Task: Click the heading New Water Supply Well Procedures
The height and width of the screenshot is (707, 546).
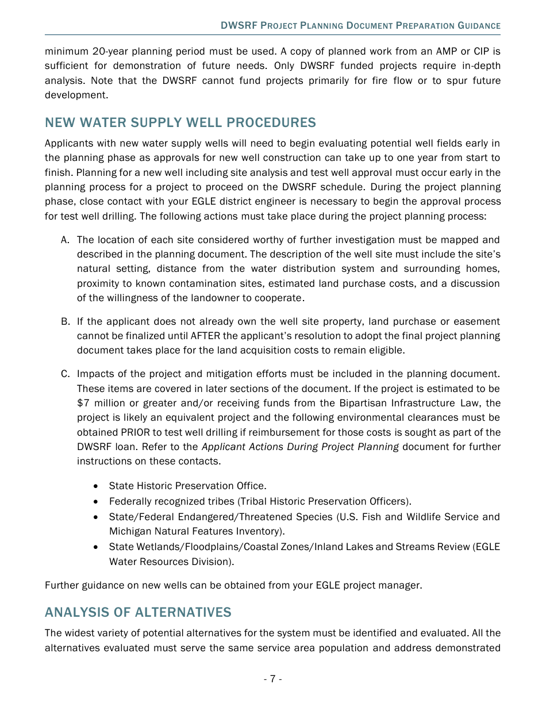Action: (x=180, y=122)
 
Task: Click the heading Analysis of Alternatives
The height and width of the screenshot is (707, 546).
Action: (x=138, y=612)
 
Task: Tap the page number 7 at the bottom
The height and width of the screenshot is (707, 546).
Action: (x=272, y=679)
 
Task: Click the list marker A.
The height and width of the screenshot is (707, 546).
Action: (x=65, y=240)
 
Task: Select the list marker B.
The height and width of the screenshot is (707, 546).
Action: (x=65, y=321)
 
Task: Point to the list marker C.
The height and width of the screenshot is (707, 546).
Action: (x=65, y=374)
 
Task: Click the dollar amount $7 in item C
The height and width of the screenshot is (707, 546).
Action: (x=83, y=403)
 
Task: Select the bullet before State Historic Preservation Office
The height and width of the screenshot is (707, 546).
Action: (x=96, y=486)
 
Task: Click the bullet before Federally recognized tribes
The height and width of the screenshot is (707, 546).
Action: (x=96, y=501)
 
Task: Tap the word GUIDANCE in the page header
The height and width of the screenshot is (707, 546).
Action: (x=479, y=26)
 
